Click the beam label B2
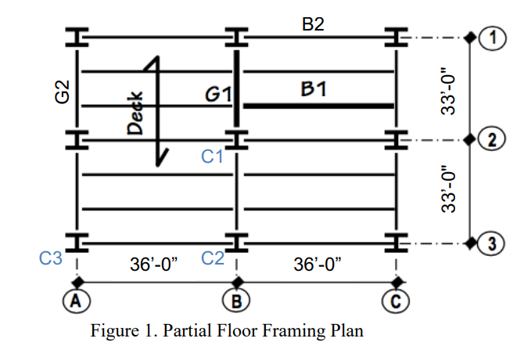313,23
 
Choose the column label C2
213,256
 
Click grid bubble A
77,301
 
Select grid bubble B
236,301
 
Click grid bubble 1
493,37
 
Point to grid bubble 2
493,141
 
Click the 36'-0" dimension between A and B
154,263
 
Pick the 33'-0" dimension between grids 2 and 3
447,193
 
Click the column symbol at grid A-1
77,37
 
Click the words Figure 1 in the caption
118,331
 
